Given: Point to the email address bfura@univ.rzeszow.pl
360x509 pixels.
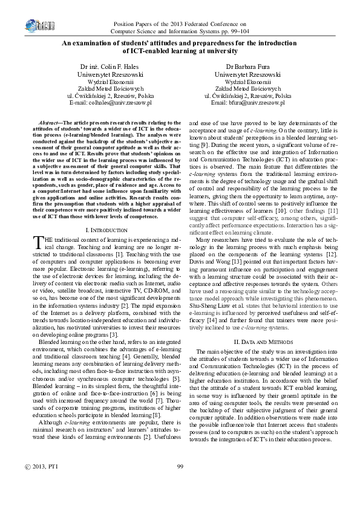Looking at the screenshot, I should pyautogui.click(x=258, y=103).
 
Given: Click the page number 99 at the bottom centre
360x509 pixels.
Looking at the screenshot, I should pyautogui.click(x=180, y=481).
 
